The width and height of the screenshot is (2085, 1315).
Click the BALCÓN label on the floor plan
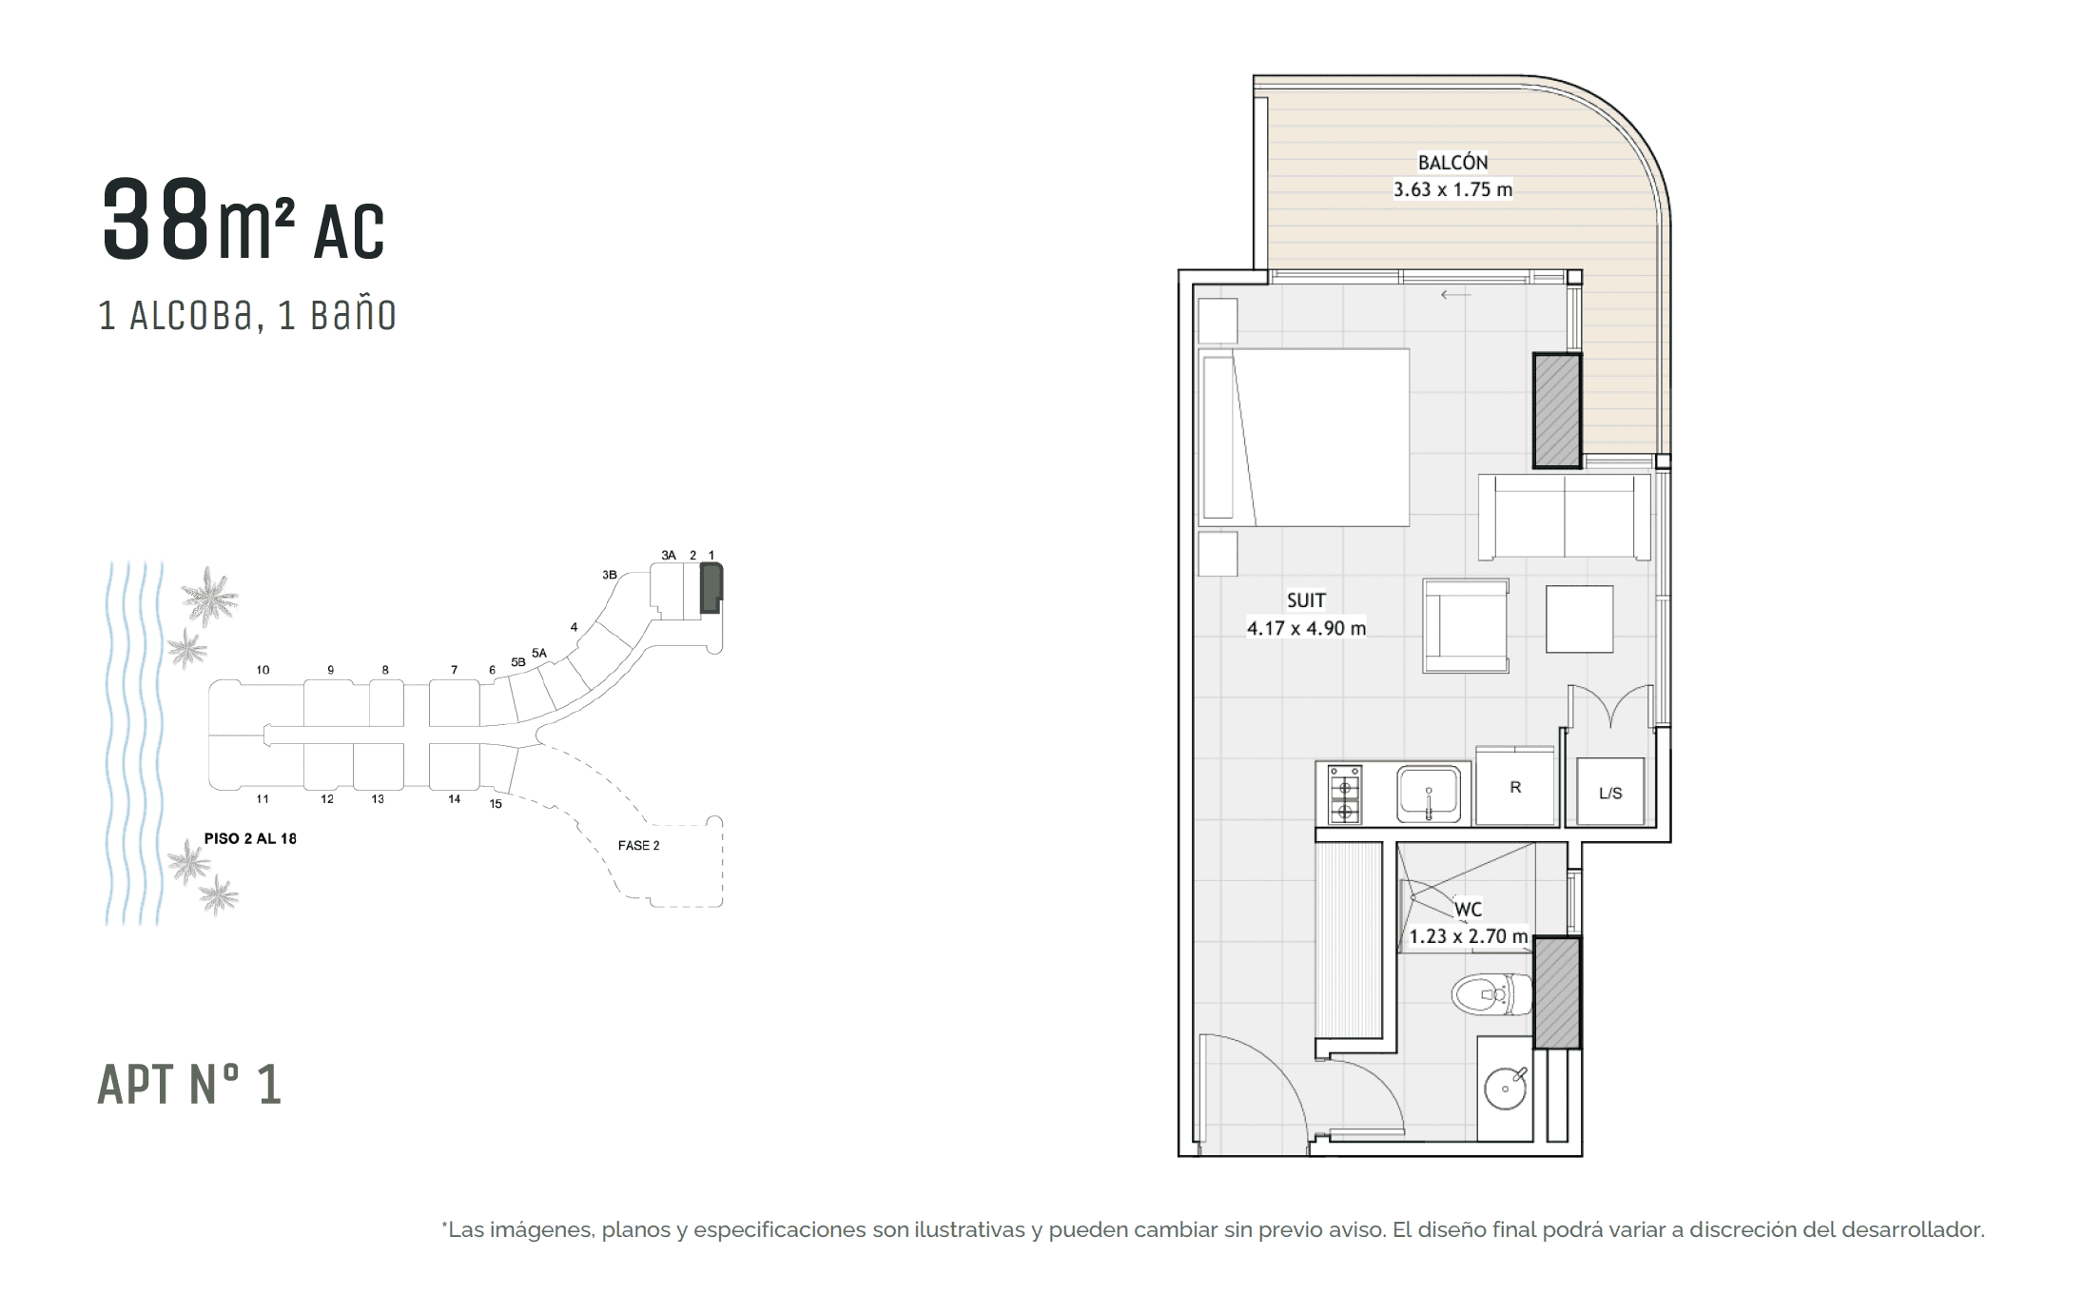[x=1452, y=163]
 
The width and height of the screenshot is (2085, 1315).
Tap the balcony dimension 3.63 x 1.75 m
[x=1452, y=189]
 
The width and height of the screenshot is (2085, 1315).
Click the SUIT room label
[x=1305, y=600]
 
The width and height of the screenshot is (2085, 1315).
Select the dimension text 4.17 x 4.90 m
[x=1306, y=628]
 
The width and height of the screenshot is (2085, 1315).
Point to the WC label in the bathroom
[x=1468, y=910]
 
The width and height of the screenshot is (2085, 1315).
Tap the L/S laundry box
[x=1610, y=793]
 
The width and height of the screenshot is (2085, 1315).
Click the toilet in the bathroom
[x=1491, y=995]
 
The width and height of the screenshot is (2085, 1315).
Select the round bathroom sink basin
[x=1506, y=1089]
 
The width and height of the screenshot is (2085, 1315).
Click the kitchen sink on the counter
[x=1428, y=795]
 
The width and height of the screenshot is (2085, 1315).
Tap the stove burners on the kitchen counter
[x=1345, y=795]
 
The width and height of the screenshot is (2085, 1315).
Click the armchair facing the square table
[x=1466, y=626]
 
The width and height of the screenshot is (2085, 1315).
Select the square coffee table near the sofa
[x=1579, y=619]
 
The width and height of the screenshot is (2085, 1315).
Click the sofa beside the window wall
[x=1565, y=517]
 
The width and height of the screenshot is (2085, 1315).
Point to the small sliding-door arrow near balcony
[x=1455, y=295]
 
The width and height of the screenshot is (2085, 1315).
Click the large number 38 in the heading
[x=155, y=221]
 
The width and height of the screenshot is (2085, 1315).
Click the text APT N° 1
[x=189, y=1085]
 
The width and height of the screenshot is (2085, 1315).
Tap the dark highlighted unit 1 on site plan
[x=711, y=587]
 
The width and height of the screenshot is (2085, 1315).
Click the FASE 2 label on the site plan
[x=638, y=845]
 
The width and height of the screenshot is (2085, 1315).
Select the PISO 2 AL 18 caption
[x=250, y=838]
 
